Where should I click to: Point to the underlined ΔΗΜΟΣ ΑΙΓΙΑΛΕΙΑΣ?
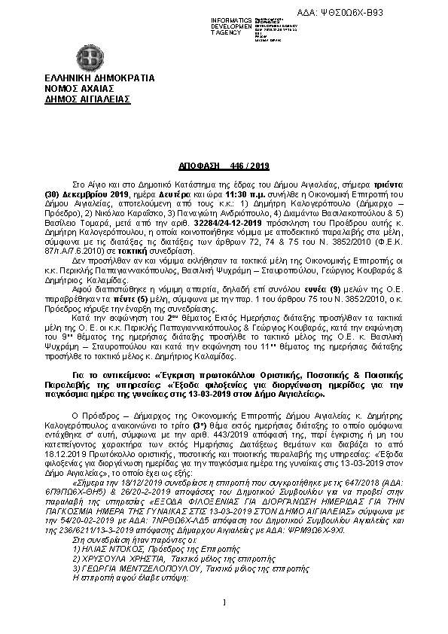[x=87, y=98]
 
